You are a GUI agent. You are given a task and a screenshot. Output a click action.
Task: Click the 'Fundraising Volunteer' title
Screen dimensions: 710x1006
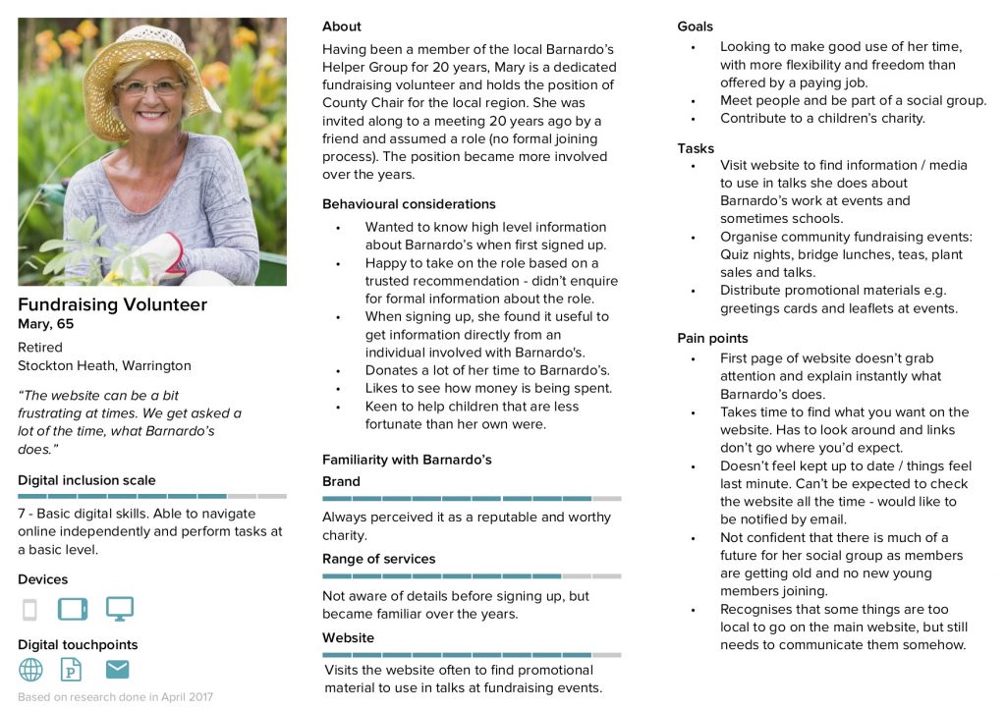pyautogui.click(x=112, y=304)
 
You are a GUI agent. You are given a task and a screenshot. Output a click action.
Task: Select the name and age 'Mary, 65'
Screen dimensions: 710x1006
pyautogui.click(x=45, y=324)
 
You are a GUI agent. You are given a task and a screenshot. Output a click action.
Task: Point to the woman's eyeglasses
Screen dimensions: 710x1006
pyautogui.click(x=150, y=87)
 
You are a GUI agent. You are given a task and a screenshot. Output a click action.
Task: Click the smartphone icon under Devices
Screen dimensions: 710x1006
pyautogui.click(x=29, y=610)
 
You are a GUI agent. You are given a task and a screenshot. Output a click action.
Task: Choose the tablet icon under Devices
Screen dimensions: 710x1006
pyautogui.click(x=73, y=609)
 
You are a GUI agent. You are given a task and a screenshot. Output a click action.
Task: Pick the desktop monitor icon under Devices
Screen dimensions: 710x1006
pyautogui.click(x=119, y=609)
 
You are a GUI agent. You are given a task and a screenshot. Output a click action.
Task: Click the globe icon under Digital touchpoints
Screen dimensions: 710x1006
pyautogui.click(x=31, y=670)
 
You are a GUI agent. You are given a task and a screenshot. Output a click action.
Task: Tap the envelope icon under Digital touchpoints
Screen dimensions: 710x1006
pyautogui.click(x=118, y=670)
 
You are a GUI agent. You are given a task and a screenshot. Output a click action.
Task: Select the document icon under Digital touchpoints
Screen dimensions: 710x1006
pyautogui.click(x=72, y=670)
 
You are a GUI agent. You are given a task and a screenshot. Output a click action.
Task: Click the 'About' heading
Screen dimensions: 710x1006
pyautogui.click(x=342, y=27)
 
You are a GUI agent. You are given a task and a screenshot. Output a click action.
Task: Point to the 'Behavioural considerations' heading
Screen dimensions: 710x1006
pyautogui.click(x=409, y=204)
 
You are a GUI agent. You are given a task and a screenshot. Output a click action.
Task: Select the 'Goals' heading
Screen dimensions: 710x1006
pyautogui.click(x=696, y=27)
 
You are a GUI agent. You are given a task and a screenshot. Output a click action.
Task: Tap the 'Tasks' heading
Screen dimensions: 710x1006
pyautogui.click(x=696, y=148)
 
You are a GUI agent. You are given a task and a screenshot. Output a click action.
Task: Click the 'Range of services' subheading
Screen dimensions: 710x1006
pyautogui.click(x=378, y=559)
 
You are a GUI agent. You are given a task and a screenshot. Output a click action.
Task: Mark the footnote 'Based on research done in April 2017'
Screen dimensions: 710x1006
pyautogui.click(x=115, y=697)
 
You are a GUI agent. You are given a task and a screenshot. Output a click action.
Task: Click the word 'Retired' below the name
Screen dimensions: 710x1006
pyautogui.click(x=40, y=347)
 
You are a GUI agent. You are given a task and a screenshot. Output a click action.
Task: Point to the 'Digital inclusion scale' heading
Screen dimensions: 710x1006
pyautogui.click(x=86, y=480)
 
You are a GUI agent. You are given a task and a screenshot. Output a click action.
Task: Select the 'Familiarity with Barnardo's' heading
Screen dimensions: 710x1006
pyautogui.click(x=407, y=460)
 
